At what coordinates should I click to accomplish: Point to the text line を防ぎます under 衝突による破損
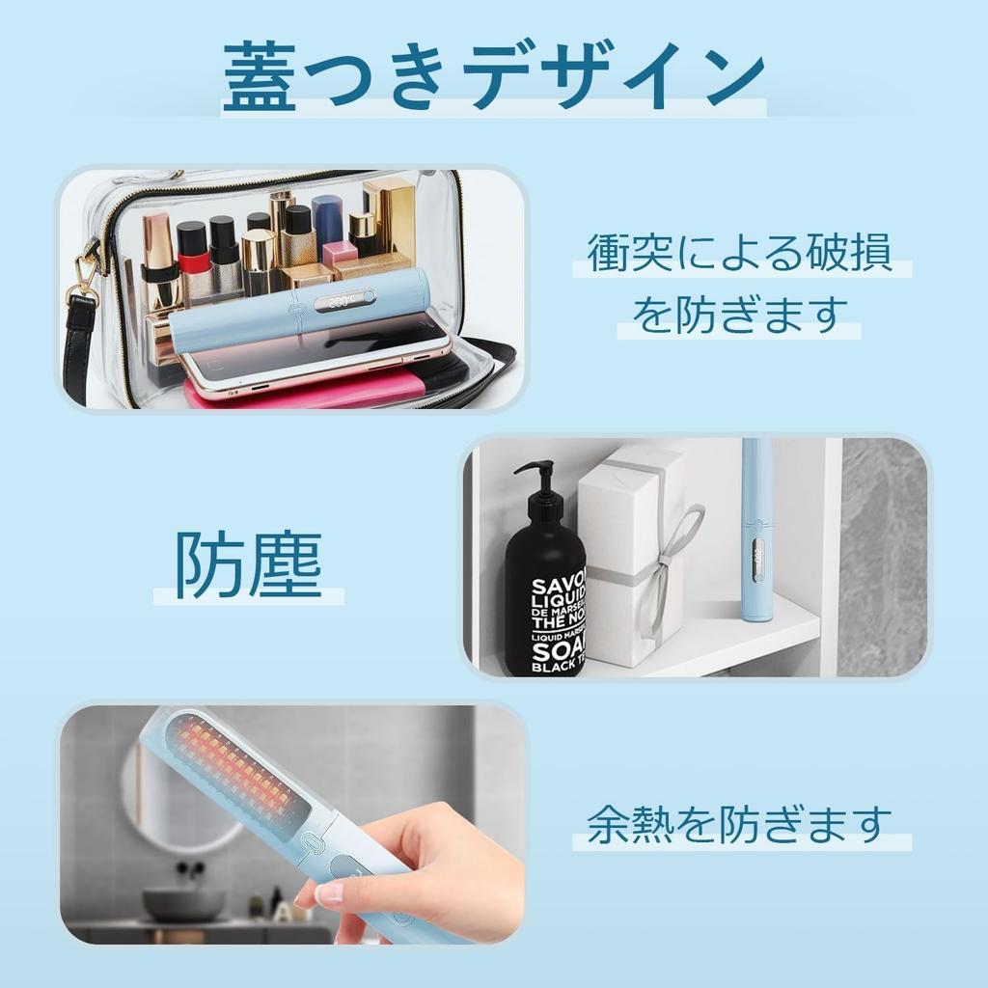click(x=740, y=315)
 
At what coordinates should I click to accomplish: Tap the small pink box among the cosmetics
click(x=340, y=253)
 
